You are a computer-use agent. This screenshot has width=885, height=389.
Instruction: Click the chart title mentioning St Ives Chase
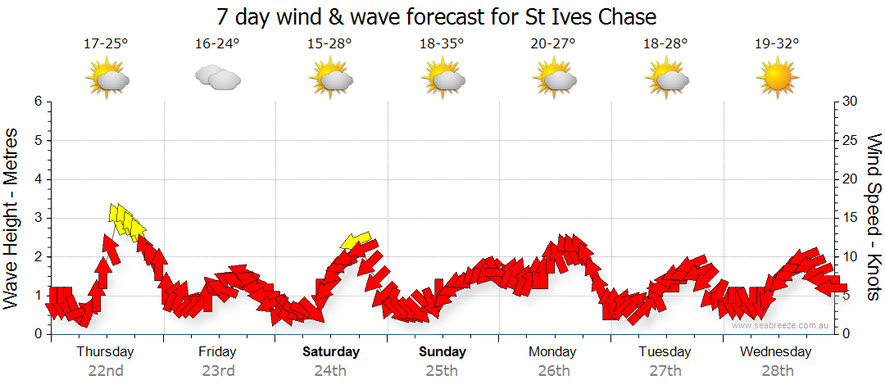coord(437,16)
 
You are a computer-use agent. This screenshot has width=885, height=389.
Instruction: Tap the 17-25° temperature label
coord(106,44)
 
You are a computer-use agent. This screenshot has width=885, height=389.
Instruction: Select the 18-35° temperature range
coord(442,44)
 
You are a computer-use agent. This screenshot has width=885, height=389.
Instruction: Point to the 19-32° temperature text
coord(776,44)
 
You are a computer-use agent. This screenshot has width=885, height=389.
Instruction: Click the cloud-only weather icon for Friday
coord(217,78)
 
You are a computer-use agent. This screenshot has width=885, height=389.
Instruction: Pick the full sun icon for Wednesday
coord(776,79)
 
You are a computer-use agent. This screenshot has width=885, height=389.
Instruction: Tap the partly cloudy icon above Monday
coord(553,79)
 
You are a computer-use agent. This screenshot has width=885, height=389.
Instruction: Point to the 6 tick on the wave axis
coord(38,102)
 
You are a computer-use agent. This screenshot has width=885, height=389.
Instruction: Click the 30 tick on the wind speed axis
coord(849,102)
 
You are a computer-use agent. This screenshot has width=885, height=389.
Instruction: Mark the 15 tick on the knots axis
coord(849,218)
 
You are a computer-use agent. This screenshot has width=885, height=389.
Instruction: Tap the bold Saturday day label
coord(331,352)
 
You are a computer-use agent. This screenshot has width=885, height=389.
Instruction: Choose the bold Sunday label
coord(442,352)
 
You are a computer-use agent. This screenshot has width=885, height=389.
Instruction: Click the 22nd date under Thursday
coord(106,371)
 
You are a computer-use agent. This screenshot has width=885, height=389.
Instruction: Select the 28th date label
coord(775,371)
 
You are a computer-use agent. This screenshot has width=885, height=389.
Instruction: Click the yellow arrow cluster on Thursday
coord(126,220)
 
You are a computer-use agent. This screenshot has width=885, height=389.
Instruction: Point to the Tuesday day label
coord(665,352)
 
